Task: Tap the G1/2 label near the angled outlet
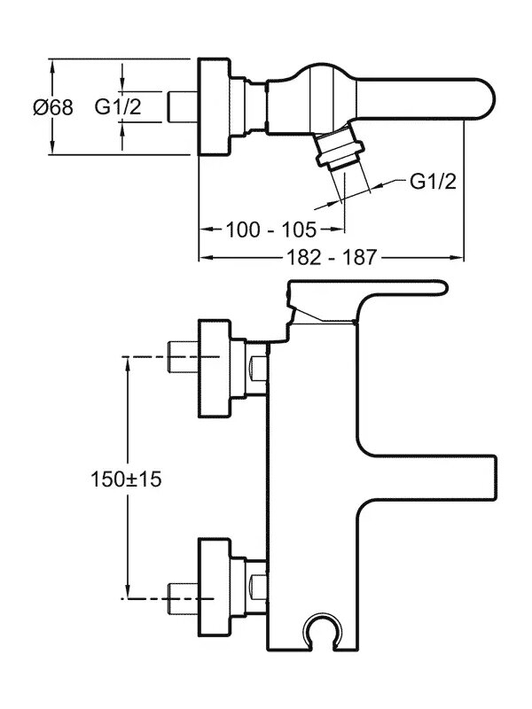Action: (433, 182)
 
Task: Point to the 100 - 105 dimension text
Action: (270, 230)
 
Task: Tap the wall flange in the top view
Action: (210, 107)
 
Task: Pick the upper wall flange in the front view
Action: (215, 367)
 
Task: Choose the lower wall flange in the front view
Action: (215, 580)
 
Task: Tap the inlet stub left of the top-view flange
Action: (182, 107)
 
